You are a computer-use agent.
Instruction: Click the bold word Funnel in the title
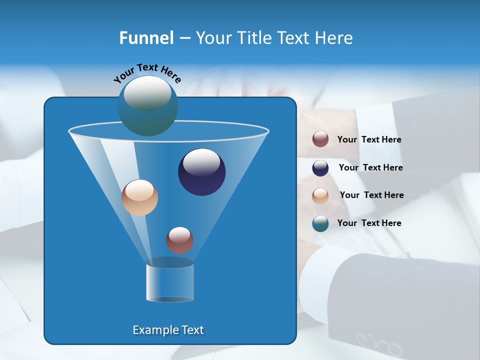click(146, 38)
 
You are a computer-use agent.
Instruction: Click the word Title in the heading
click(253, 38)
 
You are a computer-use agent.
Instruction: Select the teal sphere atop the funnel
click(147, 105)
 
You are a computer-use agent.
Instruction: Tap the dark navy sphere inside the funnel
click(201, 172)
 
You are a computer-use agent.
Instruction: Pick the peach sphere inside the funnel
click(139, 197)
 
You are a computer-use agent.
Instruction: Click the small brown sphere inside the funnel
click(179, 240)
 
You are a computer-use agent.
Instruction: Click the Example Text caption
click(168, 330)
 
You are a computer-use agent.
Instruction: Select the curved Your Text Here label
click(147, 73)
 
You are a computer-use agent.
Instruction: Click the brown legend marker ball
click(320, 139)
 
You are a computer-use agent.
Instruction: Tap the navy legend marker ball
click(320, 168)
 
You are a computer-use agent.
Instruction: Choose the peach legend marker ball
click(320, 195)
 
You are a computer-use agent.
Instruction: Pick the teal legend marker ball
click(320, 223)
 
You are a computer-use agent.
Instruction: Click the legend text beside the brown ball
click(369, 140)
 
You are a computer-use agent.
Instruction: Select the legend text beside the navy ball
click(370, 168)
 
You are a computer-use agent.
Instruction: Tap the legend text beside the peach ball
click(371, 195)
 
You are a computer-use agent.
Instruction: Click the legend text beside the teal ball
click(369, 223)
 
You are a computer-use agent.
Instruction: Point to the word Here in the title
click(334, 38)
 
